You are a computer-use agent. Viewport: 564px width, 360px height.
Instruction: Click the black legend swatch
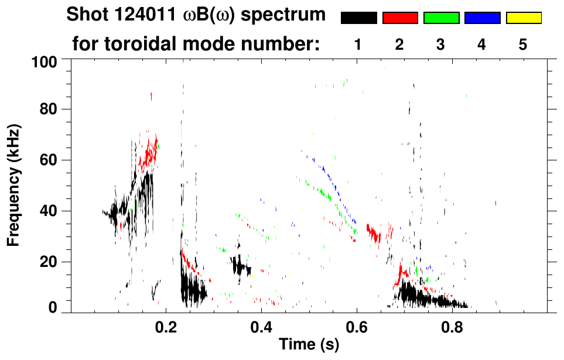point(359,18)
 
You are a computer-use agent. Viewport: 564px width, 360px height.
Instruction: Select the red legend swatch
point(400,18)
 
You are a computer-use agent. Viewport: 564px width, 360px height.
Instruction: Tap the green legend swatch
point(441,18)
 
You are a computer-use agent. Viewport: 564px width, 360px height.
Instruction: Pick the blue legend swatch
point(482,18)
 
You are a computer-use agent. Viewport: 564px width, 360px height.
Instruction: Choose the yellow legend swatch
point(523,18)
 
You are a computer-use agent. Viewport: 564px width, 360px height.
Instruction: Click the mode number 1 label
point(357,45)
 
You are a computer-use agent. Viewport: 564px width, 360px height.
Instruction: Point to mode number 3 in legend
point(440,45)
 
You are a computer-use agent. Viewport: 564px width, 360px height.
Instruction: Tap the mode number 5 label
point(522,45)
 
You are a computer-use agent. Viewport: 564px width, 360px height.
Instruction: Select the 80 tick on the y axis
point(47,109)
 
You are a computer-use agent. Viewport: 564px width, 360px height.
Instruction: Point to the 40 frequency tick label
point(47,211)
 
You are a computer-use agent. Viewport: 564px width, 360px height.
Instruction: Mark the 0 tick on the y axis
point(52,308)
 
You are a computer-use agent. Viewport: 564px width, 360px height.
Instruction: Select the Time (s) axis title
point(308,345)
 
